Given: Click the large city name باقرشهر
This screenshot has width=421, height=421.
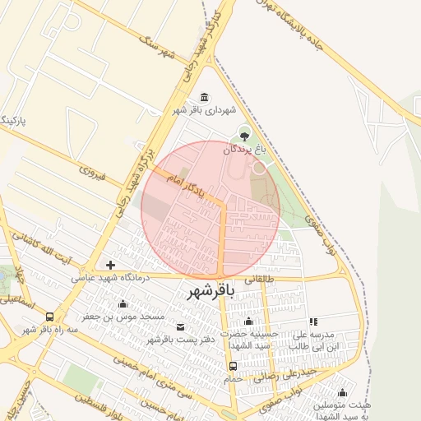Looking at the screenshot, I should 211,292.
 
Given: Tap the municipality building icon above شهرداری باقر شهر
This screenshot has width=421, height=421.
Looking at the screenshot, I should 205,97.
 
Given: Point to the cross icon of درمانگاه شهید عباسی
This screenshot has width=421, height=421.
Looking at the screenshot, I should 110,266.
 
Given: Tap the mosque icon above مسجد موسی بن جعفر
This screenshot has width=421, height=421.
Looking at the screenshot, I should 123,304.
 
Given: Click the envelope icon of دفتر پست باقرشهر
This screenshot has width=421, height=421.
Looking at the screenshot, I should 180,327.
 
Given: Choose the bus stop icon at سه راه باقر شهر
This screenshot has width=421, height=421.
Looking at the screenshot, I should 51,317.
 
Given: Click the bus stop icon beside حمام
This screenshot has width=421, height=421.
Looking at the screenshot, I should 234,366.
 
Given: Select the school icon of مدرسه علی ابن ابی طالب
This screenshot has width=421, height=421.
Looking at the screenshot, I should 312,322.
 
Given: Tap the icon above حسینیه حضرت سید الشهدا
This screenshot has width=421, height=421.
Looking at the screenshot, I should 248,321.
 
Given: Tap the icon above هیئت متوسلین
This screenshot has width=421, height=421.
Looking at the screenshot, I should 342,392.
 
